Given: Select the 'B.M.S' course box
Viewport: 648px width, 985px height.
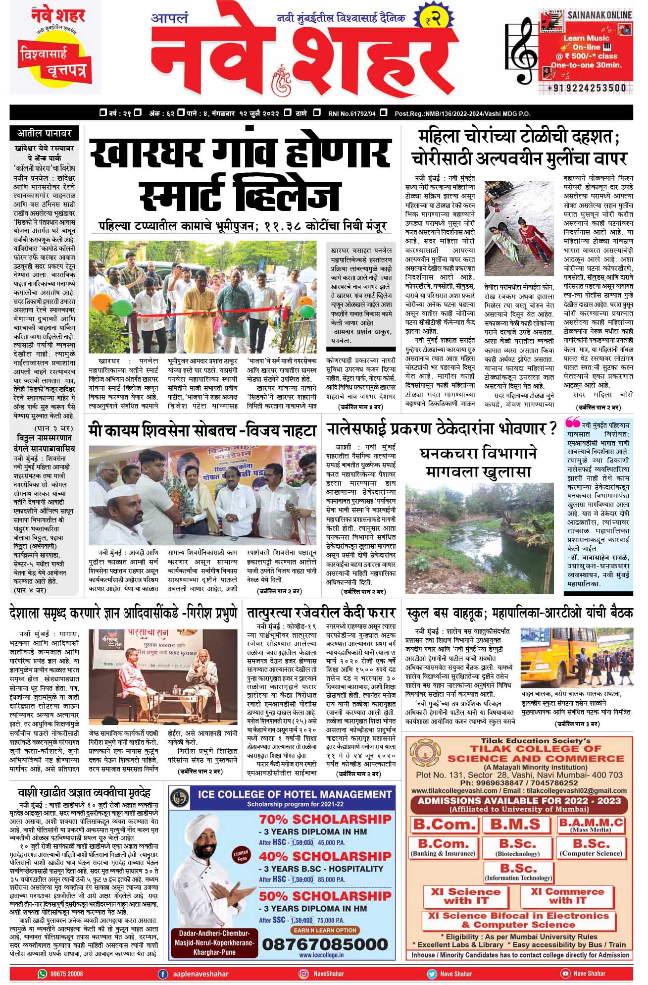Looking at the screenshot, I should (x=515, y=825).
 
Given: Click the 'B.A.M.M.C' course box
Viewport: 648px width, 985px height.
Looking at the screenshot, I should (x=591, y=825).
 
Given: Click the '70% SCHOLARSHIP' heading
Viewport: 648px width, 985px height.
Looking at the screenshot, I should (x=325, y=819).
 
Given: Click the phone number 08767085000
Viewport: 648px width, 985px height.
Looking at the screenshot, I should (x=325, y=944).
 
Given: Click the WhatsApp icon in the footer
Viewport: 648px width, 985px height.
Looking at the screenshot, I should (x=43, y=974).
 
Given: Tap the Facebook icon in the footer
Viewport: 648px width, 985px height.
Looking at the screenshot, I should (x=162, y=974).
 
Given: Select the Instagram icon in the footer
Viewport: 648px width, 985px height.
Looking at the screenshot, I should (x=303, y=974).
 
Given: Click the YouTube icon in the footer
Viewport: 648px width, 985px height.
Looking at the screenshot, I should (x=565, y=974).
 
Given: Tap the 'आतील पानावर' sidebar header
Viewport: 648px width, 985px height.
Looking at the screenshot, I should (x=45, y=133).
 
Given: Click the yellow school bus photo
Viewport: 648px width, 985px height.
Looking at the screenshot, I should (x=576, y=657).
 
